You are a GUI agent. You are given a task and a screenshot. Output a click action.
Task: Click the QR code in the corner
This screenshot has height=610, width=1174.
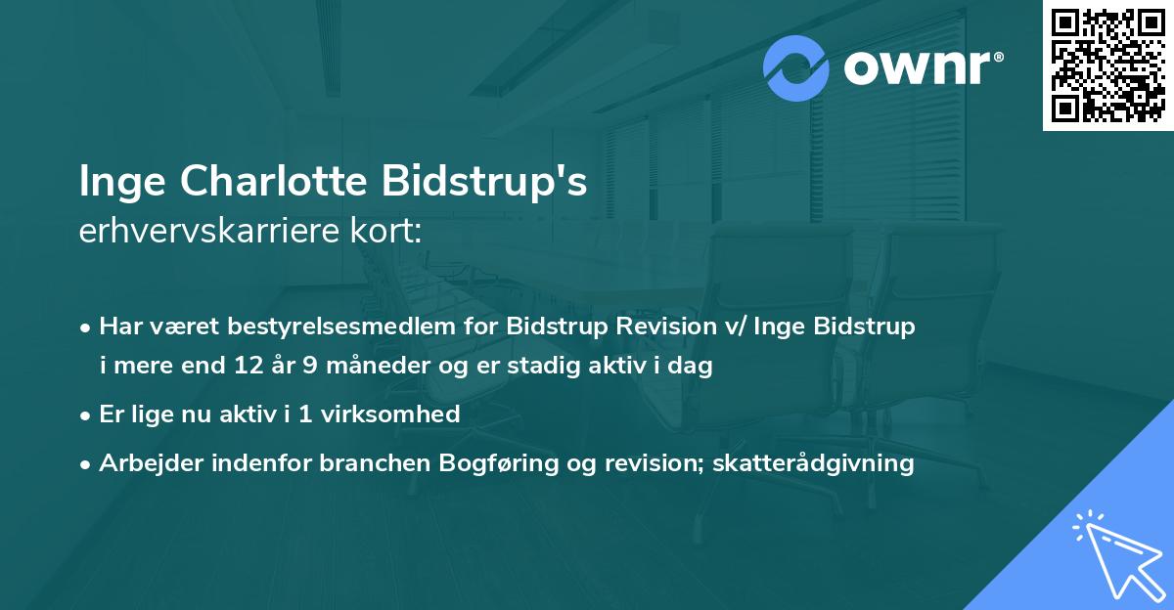click(1107, 65)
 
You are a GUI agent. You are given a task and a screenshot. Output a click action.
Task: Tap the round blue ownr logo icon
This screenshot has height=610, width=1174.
click(797, 68)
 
